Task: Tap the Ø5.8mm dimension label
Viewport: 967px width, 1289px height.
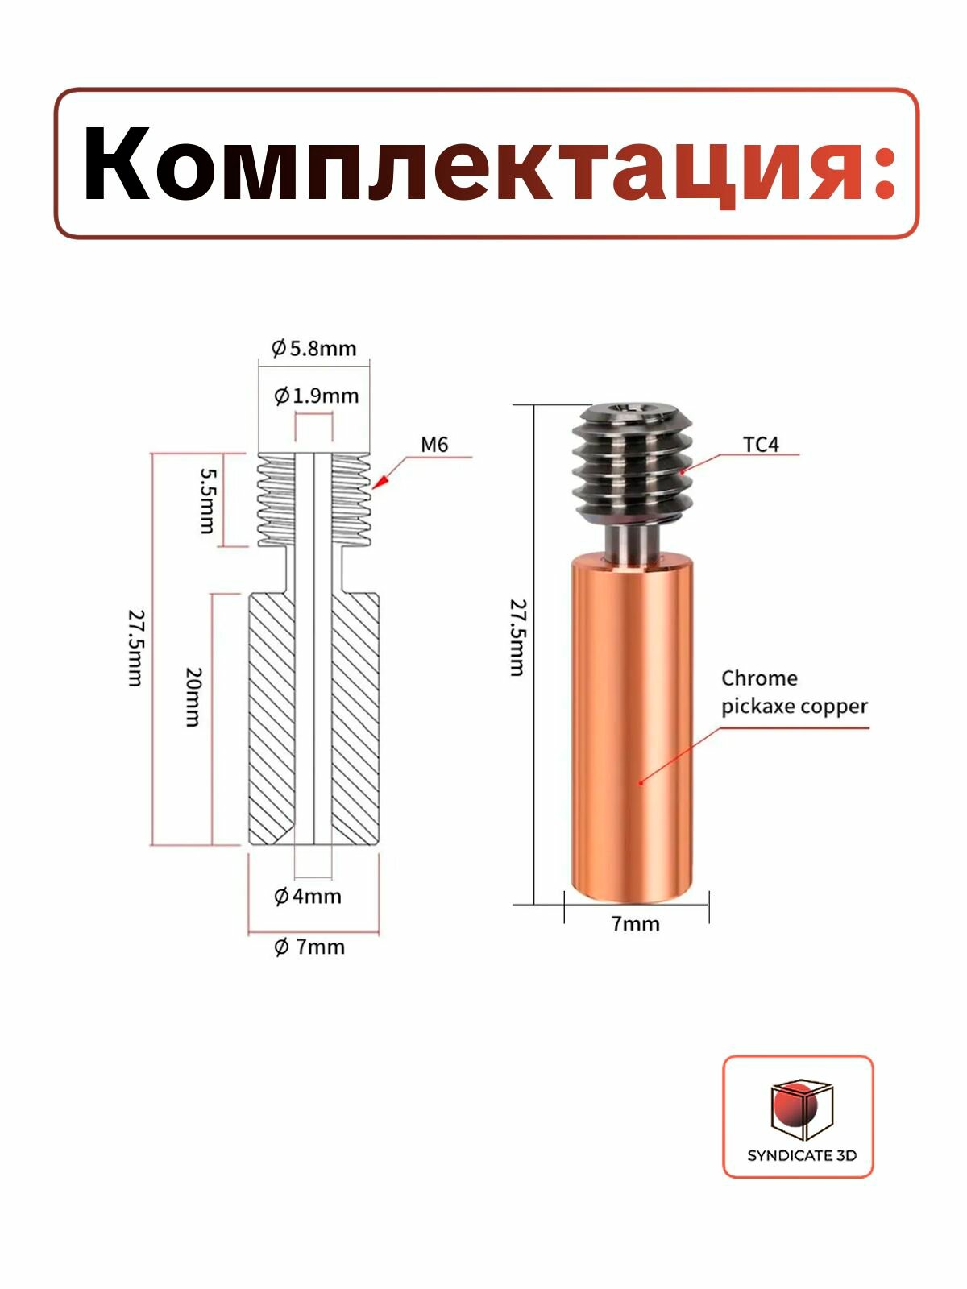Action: pos(314,348)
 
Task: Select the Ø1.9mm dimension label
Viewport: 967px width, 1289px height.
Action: pos(316,396)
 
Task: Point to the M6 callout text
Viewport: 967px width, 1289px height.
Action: pos(434,445)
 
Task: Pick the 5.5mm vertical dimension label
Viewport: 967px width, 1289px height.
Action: pos(206,500)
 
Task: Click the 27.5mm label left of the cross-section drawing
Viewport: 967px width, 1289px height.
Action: pos(135,648)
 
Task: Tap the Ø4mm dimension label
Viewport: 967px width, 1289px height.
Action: pos(308,897)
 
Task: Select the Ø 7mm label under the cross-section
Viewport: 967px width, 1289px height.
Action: pos(309,947)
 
